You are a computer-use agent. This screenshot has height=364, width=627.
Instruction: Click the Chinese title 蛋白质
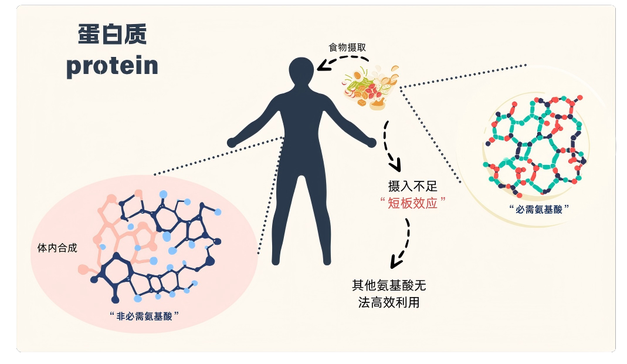(x=113, y=34)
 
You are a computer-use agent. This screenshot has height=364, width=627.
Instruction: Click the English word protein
(x=113, y=66)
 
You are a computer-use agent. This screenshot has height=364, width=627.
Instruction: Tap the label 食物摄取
(x=347, y=48)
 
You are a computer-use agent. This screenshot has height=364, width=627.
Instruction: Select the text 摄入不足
(x=413, y=186)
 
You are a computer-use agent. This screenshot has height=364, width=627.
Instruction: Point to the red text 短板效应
(x=413, y=203)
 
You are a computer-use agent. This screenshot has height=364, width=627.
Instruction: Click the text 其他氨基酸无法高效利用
(x=389, y=294)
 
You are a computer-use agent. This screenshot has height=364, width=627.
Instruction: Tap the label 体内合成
(x=57, y=248)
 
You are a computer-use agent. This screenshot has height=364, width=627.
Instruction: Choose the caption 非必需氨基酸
(x=144, y=316)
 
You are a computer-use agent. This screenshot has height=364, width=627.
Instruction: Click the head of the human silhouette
(x=301, y=70)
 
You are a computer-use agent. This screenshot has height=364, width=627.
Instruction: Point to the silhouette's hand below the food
(x=371, y=142)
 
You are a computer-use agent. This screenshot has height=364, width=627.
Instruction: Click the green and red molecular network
(x=535, y=146)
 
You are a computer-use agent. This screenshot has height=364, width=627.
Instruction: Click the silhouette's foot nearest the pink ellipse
(x=276, y=261)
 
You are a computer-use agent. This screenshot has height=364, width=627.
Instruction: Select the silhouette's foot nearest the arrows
(x=327, y=261)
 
